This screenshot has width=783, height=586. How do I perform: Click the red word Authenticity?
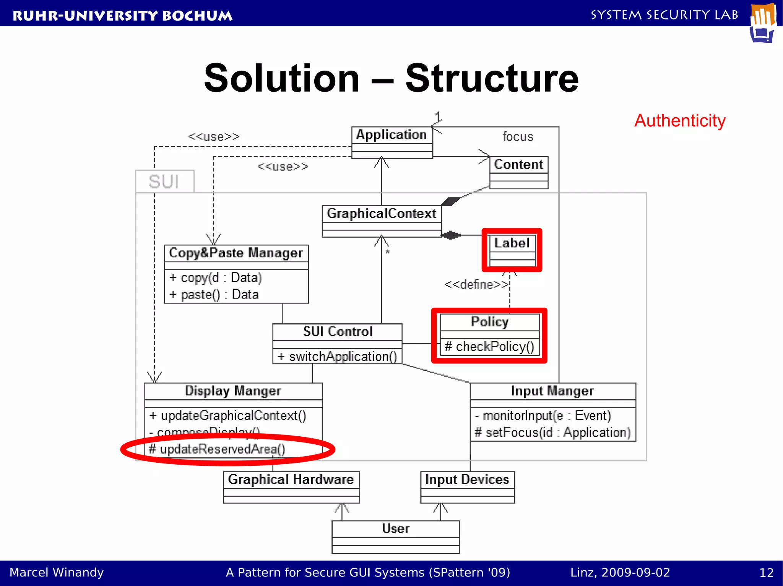coord(680,121)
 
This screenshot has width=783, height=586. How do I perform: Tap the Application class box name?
coord(391,135)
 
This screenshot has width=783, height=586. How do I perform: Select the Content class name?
coord(518,164)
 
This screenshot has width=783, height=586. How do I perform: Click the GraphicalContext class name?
coord(381,213)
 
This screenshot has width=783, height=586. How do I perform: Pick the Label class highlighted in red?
coord(512,243)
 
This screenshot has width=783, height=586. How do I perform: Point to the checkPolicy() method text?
coord(489,346)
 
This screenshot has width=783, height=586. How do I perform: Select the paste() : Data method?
coord(214,294)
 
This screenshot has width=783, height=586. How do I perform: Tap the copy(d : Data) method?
coord(216,278)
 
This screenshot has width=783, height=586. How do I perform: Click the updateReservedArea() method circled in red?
coord(217,449)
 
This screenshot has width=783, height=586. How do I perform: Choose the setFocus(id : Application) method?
coord(552,432)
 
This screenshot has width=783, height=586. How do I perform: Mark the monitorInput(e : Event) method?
coord(543,415)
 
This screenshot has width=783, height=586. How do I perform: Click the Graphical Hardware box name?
coord(291,479)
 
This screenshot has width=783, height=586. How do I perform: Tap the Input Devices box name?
coord(467,479)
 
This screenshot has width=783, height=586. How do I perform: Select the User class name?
coord(396,529)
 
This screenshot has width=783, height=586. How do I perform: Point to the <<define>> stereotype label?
coord(476,284)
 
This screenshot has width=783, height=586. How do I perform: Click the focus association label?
coord(518,137)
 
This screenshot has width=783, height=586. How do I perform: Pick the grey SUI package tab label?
coord(164,182)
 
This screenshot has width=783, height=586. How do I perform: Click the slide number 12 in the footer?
coord(766,573)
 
